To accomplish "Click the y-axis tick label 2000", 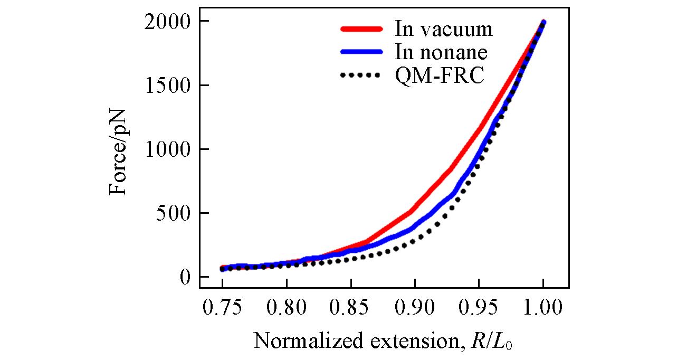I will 167,22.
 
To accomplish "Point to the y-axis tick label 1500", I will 167,86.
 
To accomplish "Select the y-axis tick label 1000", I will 167,149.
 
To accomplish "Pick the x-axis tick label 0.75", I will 222,308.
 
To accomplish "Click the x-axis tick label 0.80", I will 287,308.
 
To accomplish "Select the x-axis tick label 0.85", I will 350,308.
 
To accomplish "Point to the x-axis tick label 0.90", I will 415,308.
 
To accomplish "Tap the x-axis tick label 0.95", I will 479,308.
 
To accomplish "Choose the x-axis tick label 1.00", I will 543,308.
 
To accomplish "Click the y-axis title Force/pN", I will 118,149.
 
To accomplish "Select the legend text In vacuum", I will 444,29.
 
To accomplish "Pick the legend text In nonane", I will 441,52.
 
